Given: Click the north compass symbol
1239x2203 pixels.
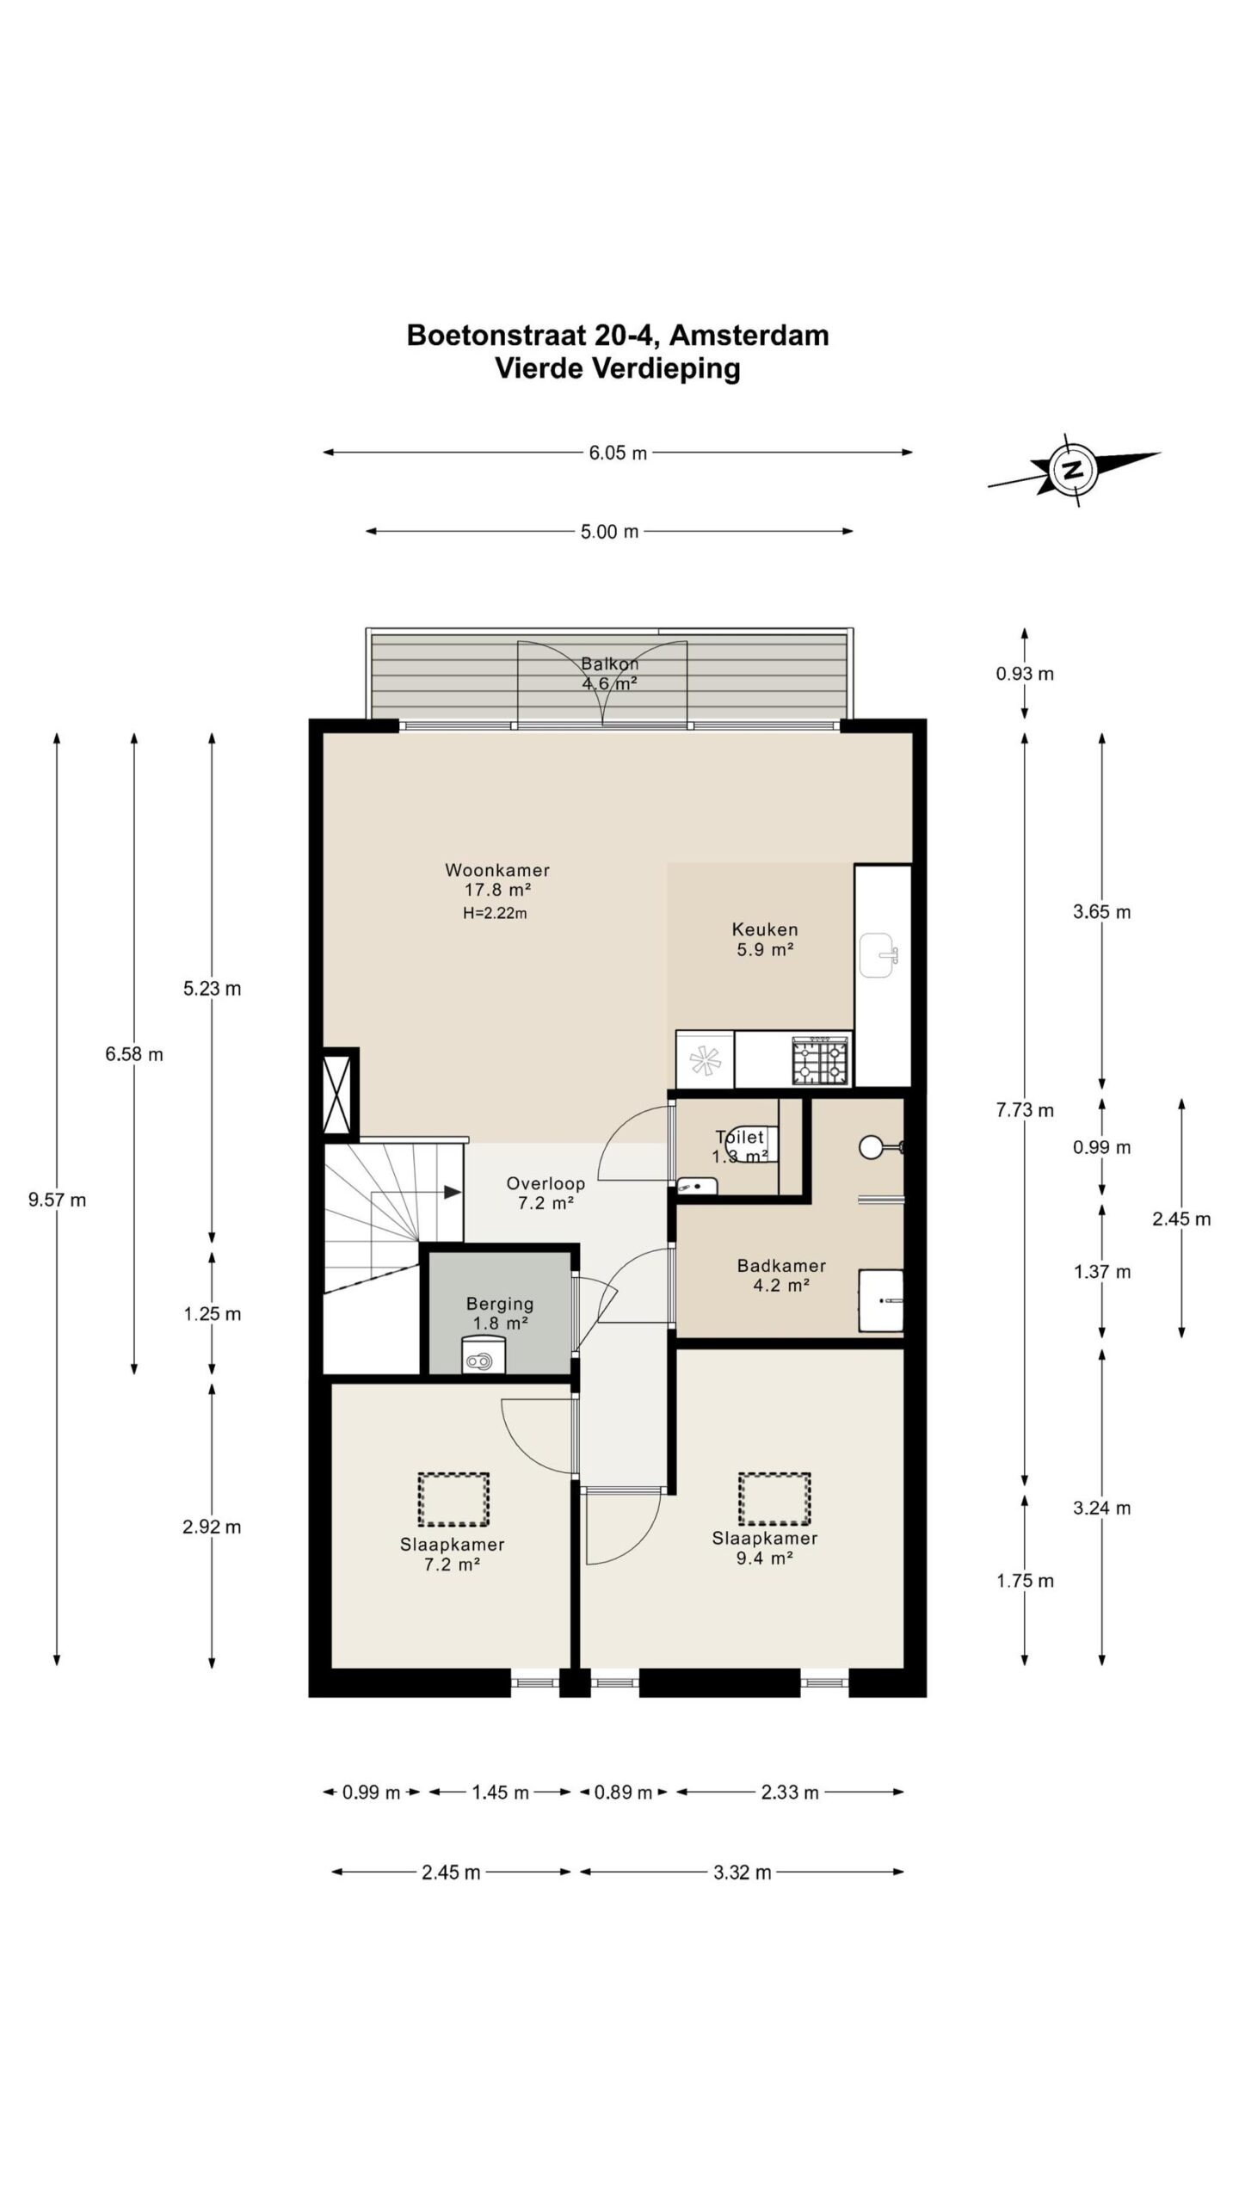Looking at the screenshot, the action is pyautogui.click(x=1073, y=470).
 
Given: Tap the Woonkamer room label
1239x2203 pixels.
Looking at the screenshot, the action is pyautogui.click(x=497, y=869).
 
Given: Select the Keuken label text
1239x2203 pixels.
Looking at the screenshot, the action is pyautogui.click(x=765, y=929).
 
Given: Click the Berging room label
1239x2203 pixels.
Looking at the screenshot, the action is pyautogui.click(x=500, y=1304).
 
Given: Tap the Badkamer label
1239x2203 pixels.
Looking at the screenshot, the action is pyautogui.click(x=781, y=1265).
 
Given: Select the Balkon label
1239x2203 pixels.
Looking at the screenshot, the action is pyautogui.click(x=609, y=663).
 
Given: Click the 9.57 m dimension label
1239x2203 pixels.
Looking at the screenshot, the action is pyautogui.click(x=57, y=1200).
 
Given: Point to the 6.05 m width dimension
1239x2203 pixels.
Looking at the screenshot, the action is pyautogui.click(x=618, y=453).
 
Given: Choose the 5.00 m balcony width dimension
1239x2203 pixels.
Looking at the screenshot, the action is pyautogui.click(x=609, y=532).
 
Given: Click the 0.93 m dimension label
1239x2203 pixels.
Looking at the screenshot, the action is pyautogui.click(x=1025, y=673).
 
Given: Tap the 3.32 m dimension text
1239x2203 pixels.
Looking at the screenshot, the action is pyautogui.click(x=743, y=1872).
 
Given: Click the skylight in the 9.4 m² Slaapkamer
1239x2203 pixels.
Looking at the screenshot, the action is pyautogui.click(x=774, y=1498).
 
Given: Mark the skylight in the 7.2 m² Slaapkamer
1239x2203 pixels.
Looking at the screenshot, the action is pyautogui.click(x=453, y=1498).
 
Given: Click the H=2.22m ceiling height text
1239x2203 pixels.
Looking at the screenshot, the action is pyautogui.click(x=495, y=913).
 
